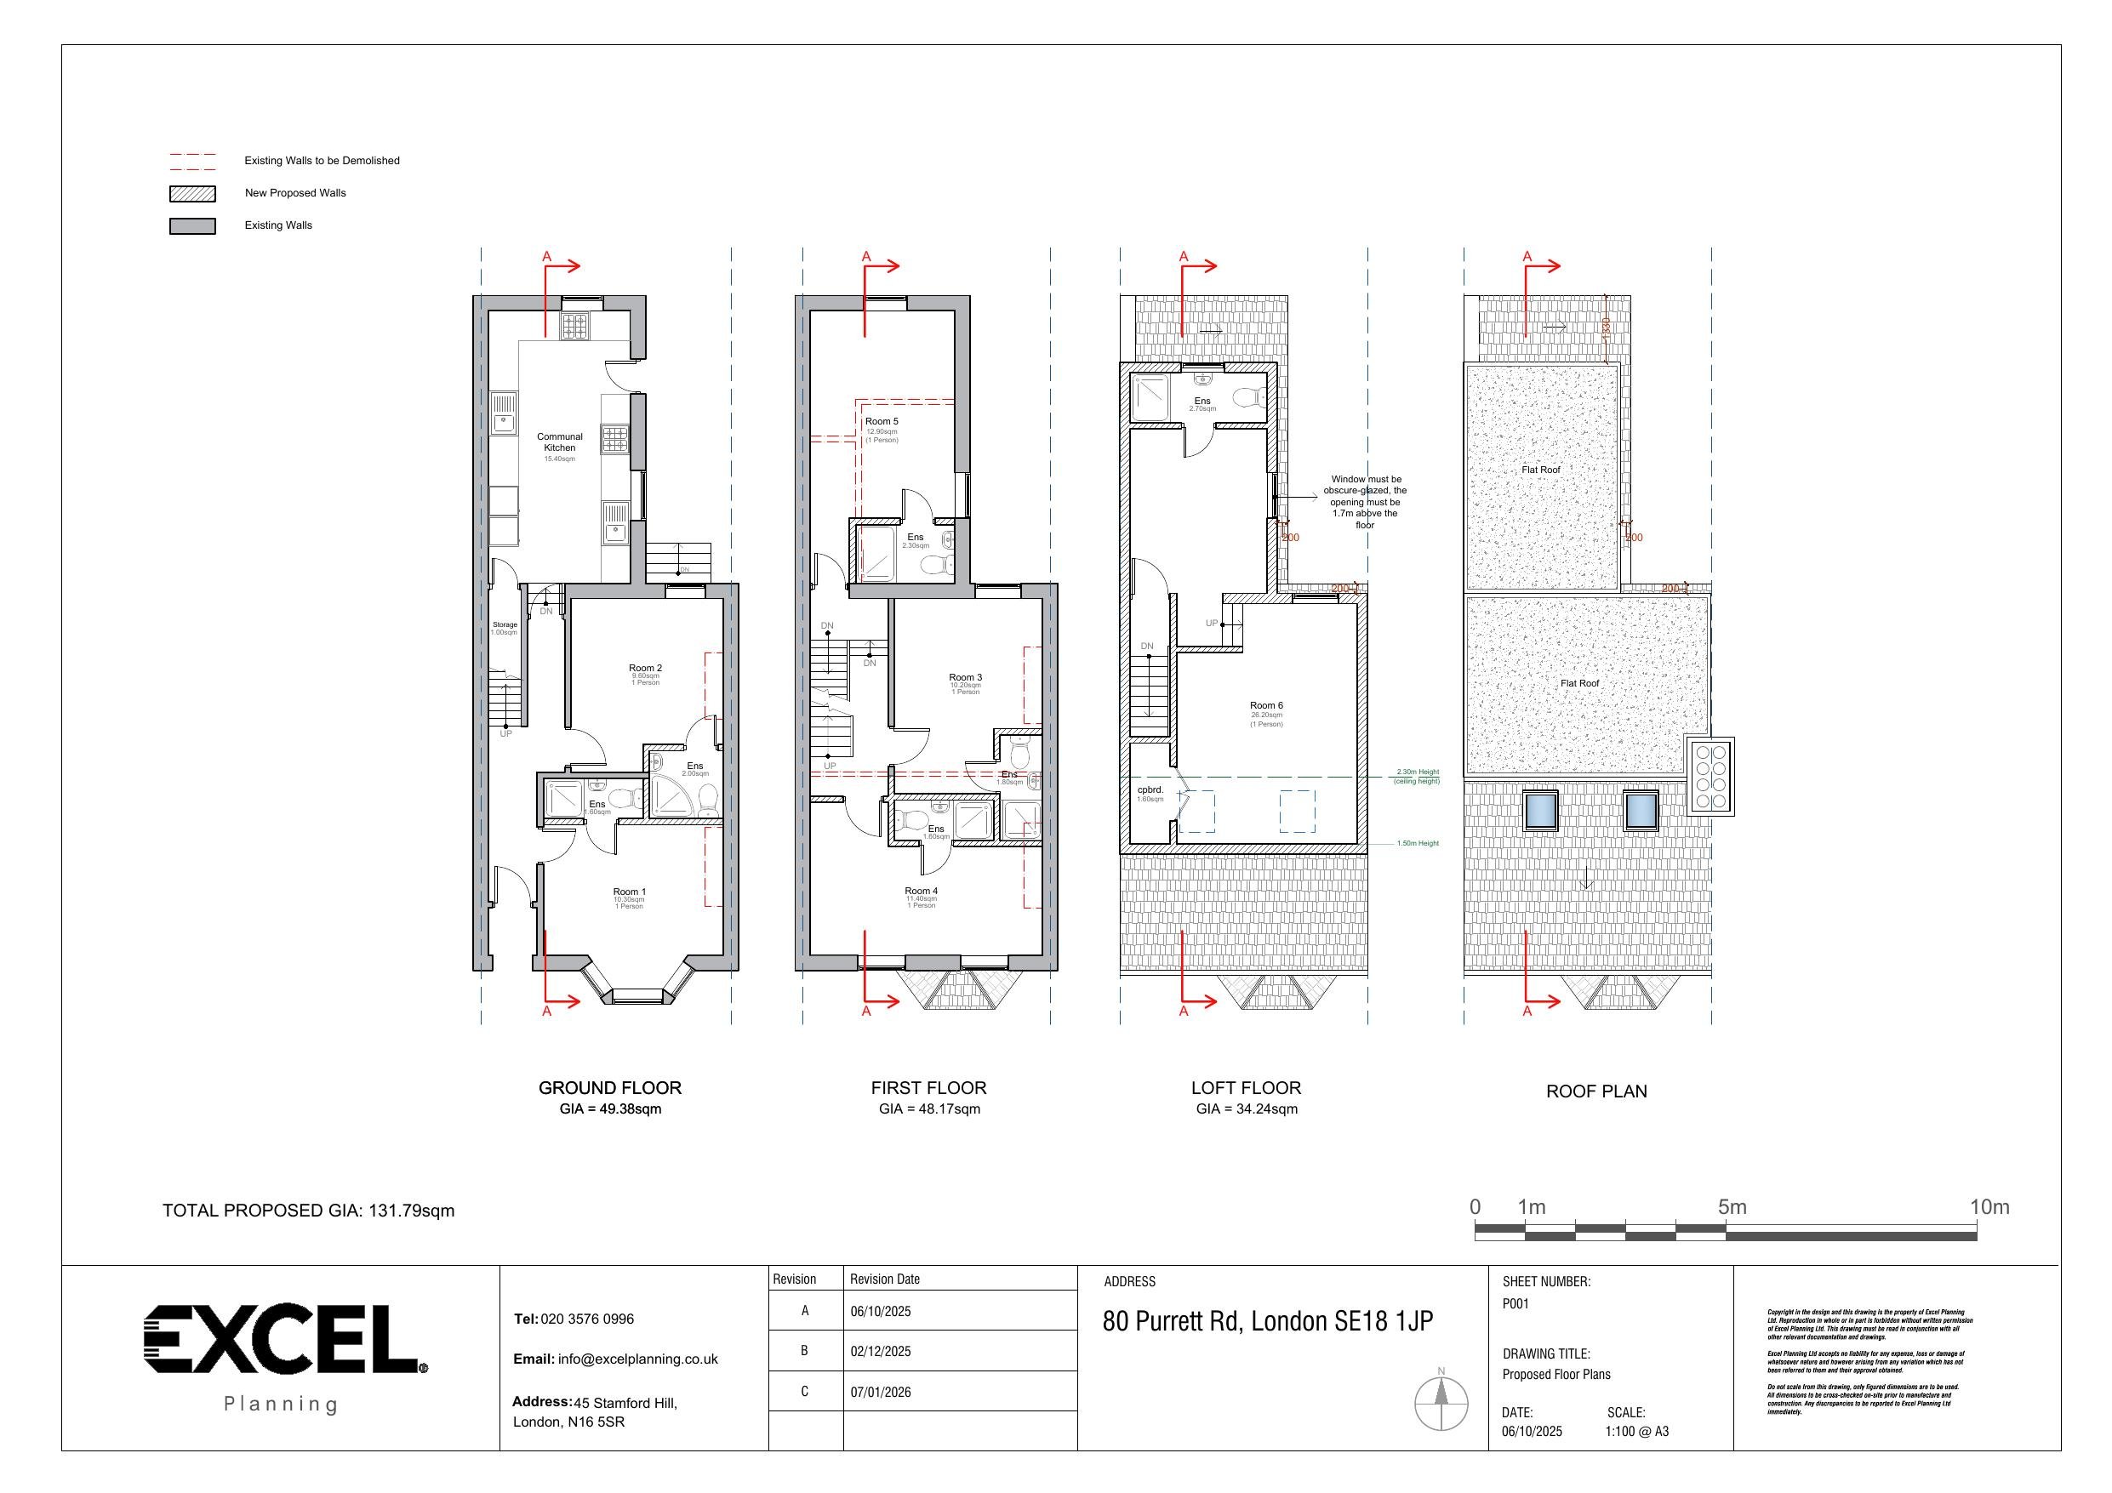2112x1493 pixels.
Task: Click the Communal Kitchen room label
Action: click(559, 442)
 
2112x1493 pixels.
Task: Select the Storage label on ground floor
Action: click(504, 624)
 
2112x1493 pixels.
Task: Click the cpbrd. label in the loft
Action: click(1150, 790)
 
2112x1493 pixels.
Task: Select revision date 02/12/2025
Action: click(881, 1351)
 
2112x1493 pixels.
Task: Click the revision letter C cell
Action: click(805, 1391)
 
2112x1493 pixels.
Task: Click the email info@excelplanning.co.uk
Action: click(636, 1359)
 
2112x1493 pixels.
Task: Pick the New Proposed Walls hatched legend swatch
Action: click(192, 193)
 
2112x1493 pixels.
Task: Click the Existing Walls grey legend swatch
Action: click(192, 225)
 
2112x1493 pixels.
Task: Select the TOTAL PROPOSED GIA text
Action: click(308, 1211)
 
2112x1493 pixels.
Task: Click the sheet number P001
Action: click(1515, 1303)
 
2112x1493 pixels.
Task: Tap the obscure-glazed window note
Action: click(1364, 501)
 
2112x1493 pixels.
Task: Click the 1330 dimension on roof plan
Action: click(1606, 328)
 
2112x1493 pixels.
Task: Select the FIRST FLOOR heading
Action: click(928, 1087)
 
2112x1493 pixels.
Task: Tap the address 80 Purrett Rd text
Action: click(1267, 1321)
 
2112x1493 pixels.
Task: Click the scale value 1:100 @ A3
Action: click(1636, 1432)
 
